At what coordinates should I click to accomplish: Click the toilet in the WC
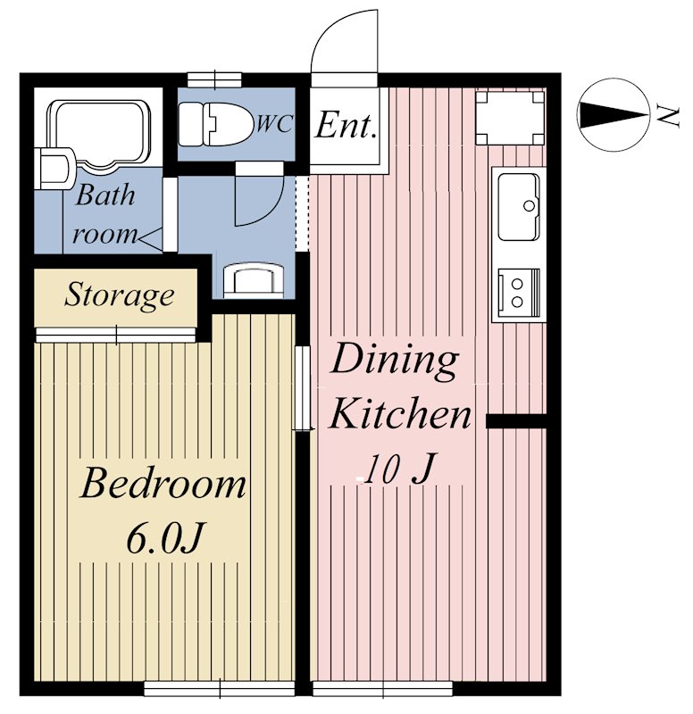pos(215,124)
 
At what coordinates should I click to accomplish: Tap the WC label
pos(273,123)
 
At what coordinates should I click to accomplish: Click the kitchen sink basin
pos(519,207)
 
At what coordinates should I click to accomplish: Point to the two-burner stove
pos(519,293)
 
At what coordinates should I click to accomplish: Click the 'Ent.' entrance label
pos(346,125)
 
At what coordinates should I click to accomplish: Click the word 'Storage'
pos(119,295)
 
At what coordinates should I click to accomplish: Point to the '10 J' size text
pos(397,469)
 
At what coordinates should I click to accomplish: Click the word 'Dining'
pos(395,360)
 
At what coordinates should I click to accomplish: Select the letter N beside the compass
pos(669,117)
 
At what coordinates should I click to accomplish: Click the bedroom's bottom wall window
pos(220,688)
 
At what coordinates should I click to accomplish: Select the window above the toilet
pos(214,79)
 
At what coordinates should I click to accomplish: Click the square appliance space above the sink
pos(510,118)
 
